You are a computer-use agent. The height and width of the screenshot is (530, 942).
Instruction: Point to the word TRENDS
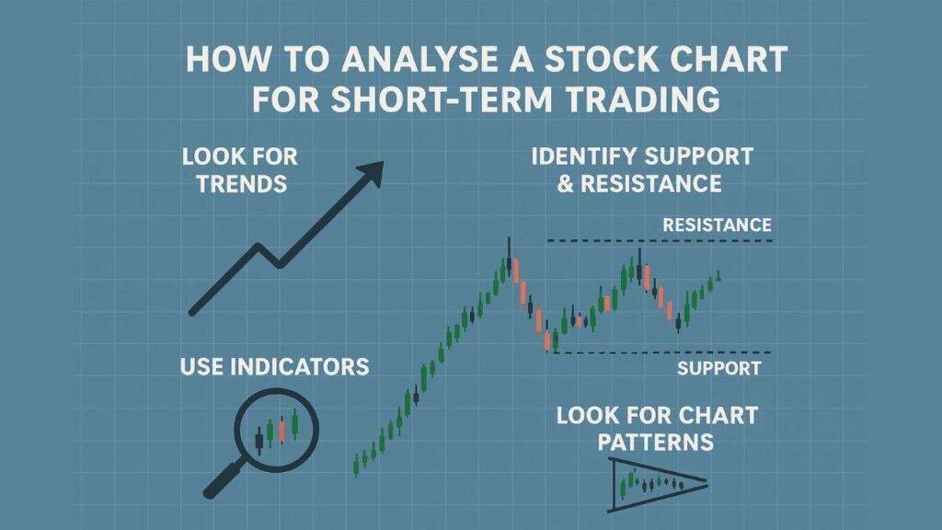coord(242,184)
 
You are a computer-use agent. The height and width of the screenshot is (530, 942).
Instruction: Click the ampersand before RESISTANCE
coord(566,184)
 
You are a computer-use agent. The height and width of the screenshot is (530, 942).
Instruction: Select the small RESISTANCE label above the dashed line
coord(717,225)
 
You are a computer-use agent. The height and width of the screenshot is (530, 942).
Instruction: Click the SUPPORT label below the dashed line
coord(719,368)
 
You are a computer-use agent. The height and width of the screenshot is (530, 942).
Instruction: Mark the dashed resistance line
coord(660,241)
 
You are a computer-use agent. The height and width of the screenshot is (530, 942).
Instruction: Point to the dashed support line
coord(661,352)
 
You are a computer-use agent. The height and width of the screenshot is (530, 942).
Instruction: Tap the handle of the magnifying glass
coord(224,478)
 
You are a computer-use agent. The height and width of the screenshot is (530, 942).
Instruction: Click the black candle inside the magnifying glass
coord(258,441)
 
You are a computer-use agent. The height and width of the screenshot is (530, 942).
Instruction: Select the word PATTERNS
coord(655,443)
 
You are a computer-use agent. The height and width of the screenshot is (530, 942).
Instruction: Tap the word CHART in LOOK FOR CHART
coord(718,415)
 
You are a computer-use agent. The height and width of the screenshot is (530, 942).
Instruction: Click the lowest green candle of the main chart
coord(356,465)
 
